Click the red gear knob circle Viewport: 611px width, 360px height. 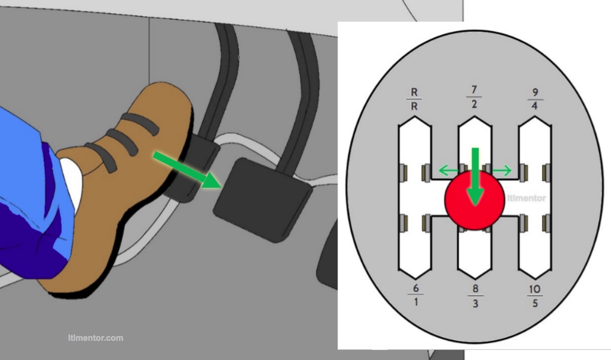pyautogui.click(x=474, y=200)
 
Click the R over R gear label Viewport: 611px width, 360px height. pyautogui.click(x=415, y=99)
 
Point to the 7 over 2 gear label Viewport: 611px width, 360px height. pyautogui.click(x=474, y=97)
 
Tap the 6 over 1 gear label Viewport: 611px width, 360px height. pyautogui.click(x=416, y=294)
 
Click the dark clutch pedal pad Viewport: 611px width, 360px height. pyautogui.click(x=261, y=199)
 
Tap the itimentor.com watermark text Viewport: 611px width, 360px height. pyautogui.click(x=95, y=338)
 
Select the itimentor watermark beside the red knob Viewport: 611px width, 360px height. pyautogui.click(x=526, y=198)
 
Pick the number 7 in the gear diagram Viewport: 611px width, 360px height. pyautogui.click(x=474, y=90)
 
